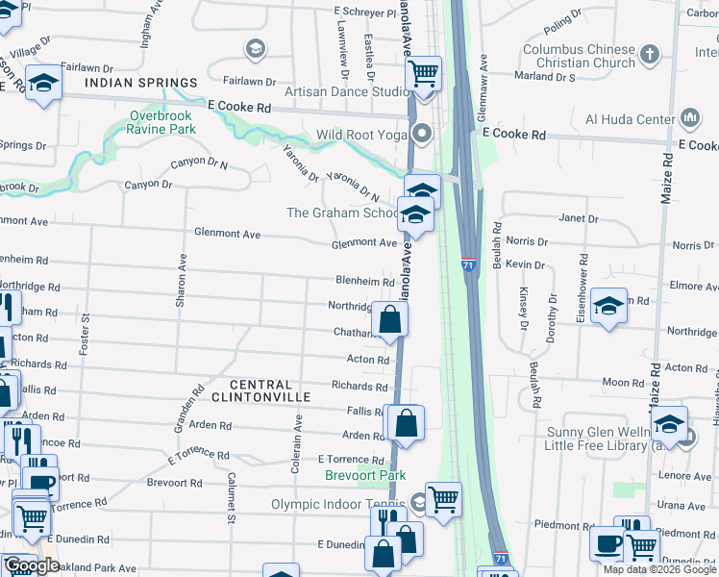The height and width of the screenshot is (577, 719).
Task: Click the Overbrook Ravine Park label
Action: pyautogui.click(x=162, y=122)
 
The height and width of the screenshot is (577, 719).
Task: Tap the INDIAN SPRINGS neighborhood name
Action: pyautogui.click(x=140, y=84)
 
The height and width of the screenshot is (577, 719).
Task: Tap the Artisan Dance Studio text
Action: pyautogui.click(x=348, y=92)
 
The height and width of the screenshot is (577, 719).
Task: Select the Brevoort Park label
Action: pyautogui.click(x=364, y=475)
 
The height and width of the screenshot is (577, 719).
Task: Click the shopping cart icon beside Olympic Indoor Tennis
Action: pyautogui.click(x=443, y=498)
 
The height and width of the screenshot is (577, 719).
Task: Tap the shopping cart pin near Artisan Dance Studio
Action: pyautogui.click(x=424, y=72)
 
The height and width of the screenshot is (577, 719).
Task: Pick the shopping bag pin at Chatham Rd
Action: pyautogui.click(x=389, y=319)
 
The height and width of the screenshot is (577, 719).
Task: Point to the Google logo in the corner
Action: pyautogui.click(x=31, y=566)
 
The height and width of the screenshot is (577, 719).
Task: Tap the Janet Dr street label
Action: pyautogui.click(x=579, y=219)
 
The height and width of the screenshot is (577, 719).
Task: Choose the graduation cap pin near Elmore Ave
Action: pyautogui.click(x=608, y=306)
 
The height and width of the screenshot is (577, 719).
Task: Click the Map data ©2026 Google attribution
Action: pyautogui.click(x=659, y=569)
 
